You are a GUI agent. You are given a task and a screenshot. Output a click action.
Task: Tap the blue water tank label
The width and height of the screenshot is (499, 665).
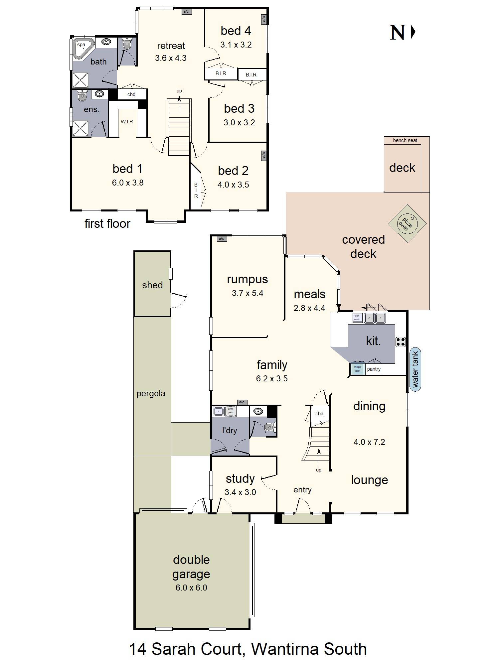[415, 369]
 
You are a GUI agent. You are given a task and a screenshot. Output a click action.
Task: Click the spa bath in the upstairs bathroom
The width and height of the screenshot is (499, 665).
[82, 48]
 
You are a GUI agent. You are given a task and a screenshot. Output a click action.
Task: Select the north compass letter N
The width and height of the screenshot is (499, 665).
[398, 33]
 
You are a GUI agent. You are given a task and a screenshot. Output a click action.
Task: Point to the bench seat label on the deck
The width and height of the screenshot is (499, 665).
[405, 140]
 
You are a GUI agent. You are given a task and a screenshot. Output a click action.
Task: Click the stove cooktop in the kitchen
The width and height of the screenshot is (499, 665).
[401, 342]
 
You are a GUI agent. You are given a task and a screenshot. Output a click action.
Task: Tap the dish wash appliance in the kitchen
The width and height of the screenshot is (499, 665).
[357, 318]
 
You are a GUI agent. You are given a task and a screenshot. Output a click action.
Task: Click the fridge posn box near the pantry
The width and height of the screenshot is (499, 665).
[357, 369]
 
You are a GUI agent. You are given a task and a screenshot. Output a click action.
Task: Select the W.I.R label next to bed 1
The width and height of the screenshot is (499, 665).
[127, 122]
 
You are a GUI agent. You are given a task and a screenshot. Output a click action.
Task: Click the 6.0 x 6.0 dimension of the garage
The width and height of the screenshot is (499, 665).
[191, 588]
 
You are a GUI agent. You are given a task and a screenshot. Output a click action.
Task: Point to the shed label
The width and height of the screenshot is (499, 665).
[152, 285]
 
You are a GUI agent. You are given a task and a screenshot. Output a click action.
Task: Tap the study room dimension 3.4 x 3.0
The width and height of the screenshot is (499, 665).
[240, 492]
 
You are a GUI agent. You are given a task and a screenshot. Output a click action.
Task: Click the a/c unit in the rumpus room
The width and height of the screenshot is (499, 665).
[221, 238]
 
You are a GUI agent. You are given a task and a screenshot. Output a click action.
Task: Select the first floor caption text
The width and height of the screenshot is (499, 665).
[107, 223]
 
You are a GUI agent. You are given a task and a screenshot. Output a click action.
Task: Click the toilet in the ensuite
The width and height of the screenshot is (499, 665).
[82, 96]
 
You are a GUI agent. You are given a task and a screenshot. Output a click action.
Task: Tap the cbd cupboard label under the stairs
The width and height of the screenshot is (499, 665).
[319, 414]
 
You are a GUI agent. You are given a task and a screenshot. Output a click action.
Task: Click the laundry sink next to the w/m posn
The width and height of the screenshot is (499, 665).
[218, 411]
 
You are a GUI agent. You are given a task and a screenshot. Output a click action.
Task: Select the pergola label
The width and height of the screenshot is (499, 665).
[151, 394]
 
